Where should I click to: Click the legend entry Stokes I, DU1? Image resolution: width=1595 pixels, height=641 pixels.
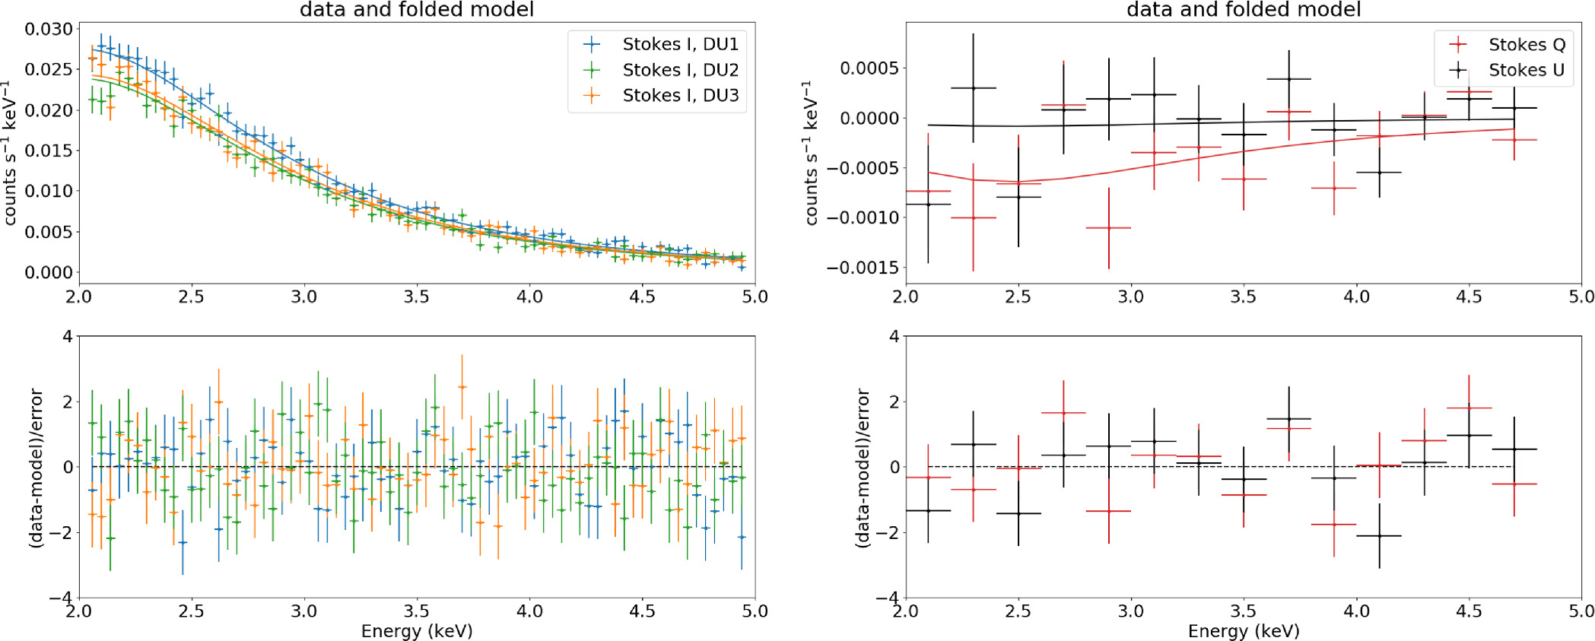[x=680, y=44]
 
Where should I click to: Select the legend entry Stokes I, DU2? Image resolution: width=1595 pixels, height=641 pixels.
[x=680, y=70]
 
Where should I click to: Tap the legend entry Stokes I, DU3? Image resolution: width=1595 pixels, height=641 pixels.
[x=680, y=95]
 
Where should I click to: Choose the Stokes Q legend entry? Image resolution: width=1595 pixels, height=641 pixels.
[x=1526, y=44]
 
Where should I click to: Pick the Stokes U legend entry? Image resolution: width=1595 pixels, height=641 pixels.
[x=1526, y=70]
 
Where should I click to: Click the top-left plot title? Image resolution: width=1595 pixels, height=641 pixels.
[x=417, y=9]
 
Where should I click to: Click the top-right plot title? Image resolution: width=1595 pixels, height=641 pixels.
[x=1243, y=9]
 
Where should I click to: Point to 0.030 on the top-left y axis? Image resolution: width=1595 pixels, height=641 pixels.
[x=49, y=29]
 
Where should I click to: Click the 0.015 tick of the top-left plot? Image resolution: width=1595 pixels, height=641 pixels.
[x=49, y=151]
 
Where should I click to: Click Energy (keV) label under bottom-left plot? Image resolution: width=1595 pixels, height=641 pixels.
[x=417, y=631]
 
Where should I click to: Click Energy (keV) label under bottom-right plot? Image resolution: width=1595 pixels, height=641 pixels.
[x=1243, y=631]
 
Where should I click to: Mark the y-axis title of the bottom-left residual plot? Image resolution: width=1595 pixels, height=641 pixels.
[x=35, y=468]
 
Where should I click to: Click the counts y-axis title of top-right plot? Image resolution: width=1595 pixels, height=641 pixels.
[x=811, y=152]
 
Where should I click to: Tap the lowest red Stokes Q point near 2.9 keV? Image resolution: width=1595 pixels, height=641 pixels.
[x=1108, y=227]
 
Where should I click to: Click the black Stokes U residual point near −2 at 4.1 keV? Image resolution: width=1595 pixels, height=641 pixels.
[x=1379, y=536]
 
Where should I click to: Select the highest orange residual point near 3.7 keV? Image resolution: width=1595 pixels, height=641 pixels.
[x=462, y=387]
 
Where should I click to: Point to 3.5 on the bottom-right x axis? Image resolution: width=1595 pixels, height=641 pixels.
[x=1243, y=611]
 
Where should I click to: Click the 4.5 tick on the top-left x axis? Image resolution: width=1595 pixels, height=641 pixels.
[x=642, y=297]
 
